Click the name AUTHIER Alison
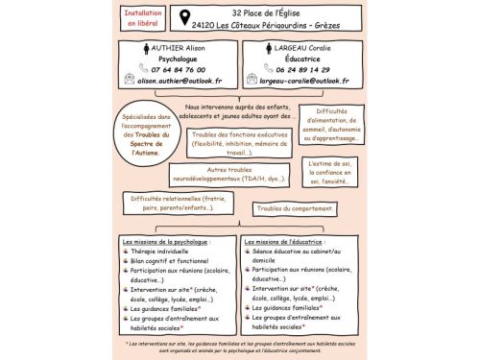pyautogui.click(x=180, y=46)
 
